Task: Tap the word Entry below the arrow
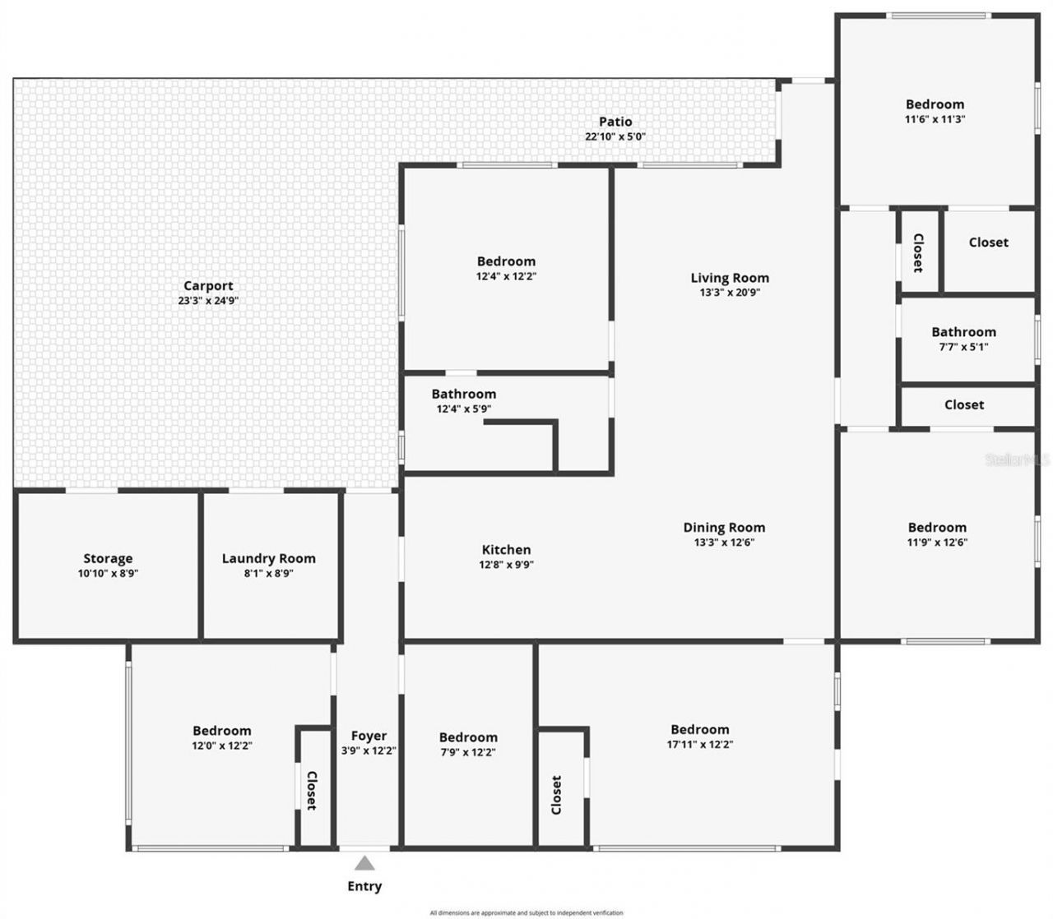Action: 364,886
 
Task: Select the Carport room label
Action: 208,286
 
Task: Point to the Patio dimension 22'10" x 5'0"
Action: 615,136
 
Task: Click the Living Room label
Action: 730,278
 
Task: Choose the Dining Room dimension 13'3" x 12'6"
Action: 724,543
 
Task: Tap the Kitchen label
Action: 506,550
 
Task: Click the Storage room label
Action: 108,559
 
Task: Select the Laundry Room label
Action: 268,559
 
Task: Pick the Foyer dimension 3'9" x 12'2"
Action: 369,750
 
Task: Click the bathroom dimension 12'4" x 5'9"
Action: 464,409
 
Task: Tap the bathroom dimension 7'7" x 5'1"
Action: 963,347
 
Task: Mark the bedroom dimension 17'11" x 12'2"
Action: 699,745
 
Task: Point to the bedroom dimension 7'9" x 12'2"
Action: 467,752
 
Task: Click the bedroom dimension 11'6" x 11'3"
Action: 935,119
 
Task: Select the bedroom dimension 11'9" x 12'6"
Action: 937,543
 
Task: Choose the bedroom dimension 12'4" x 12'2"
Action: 506,276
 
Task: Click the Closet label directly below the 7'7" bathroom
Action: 964,404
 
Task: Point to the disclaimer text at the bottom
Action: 526,912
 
